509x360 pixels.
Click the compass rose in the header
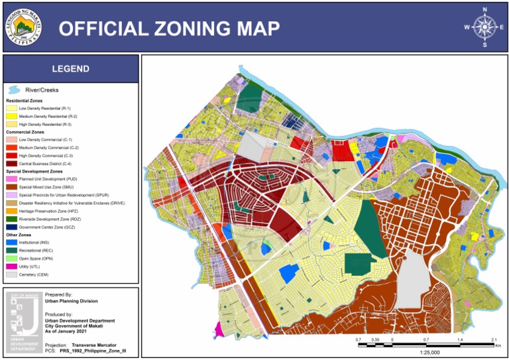(484, 27)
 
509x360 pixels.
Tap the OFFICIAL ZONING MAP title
(169, 28)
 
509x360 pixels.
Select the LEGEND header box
(71, 69)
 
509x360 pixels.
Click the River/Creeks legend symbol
(13, 90)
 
